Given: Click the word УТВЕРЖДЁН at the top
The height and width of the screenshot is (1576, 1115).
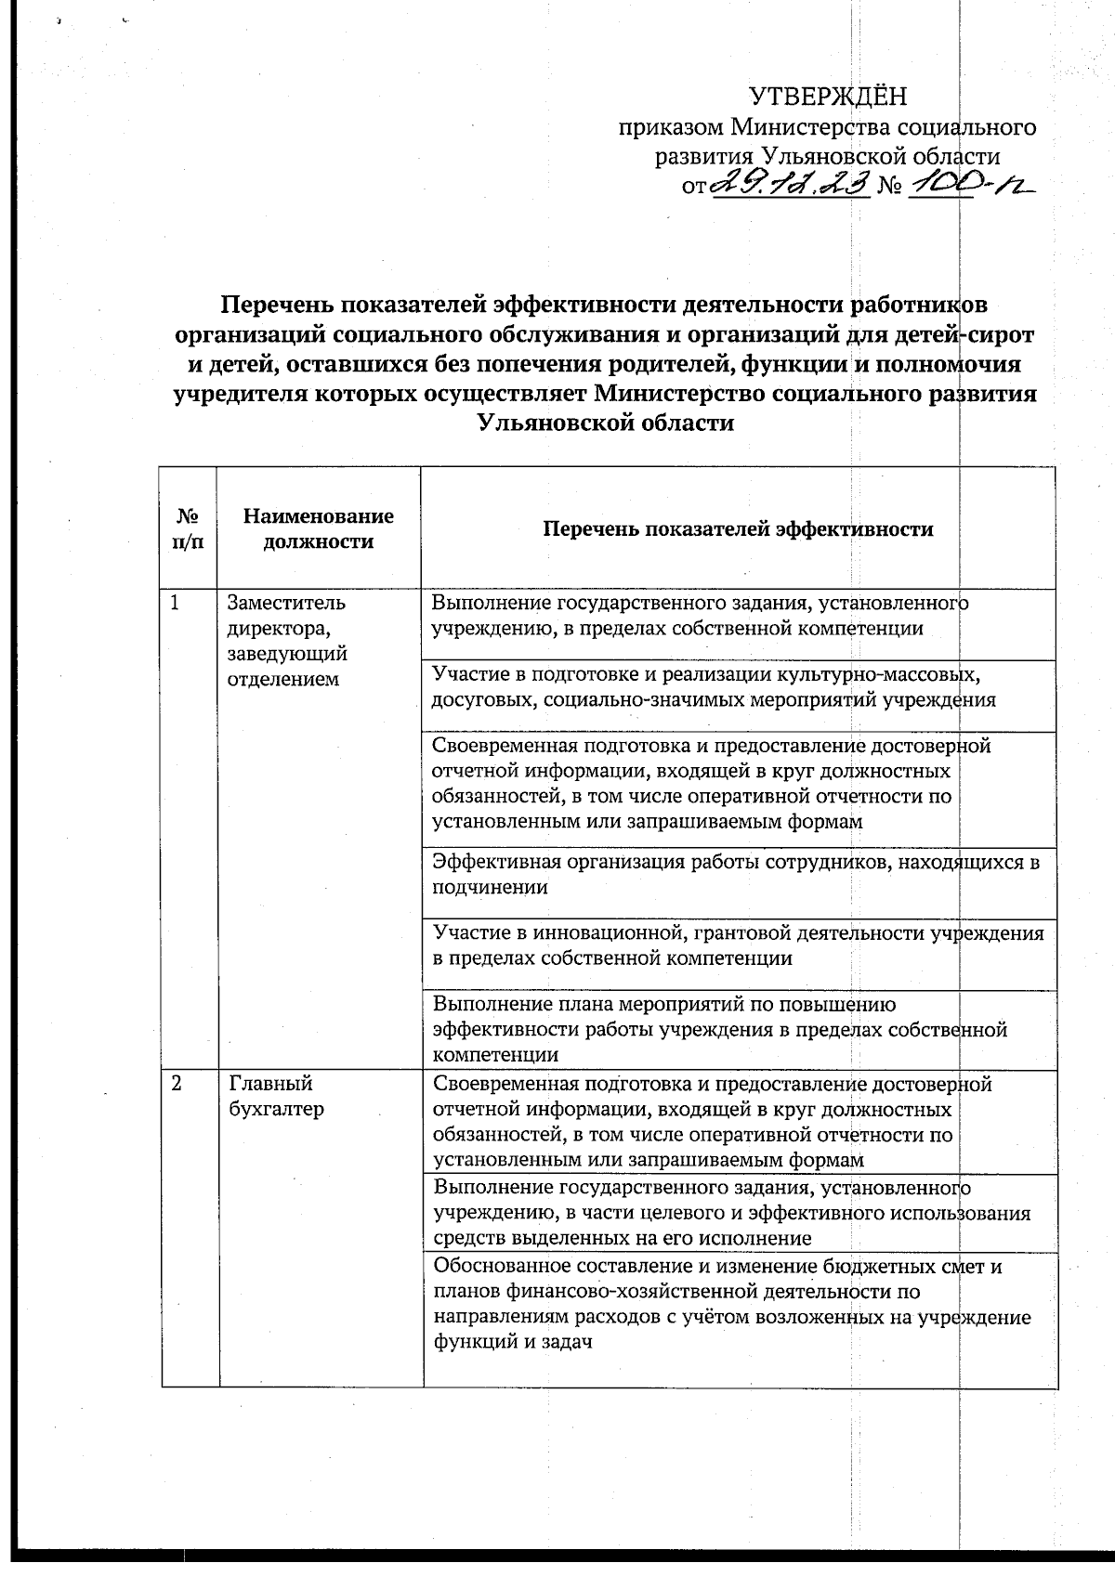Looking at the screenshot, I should point(827,96).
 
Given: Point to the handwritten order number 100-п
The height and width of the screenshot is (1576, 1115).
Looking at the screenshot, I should point(971,185).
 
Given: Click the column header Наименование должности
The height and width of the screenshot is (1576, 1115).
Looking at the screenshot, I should point(318,528).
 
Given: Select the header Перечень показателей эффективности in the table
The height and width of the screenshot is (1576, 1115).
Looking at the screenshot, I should point(737,529).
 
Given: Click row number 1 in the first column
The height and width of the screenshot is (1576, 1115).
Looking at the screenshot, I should point(175,603).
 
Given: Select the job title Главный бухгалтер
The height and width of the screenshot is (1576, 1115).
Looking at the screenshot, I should point(276,1096).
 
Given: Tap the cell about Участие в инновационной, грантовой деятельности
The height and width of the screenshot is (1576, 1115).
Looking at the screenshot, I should point(738,945).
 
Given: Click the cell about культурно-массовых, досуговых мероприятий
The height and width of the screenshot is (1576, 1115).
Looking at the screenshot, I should point(714,686).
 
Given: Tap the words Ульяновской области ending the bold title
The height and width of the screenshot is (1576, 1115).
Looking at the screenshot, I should point(604,423).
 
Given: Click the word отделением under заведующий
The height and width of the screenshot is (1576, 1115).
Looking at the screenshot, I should point(282,679).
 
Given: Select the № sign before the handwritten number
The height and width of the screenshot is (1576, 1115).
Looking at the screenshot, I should point(890,187).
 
